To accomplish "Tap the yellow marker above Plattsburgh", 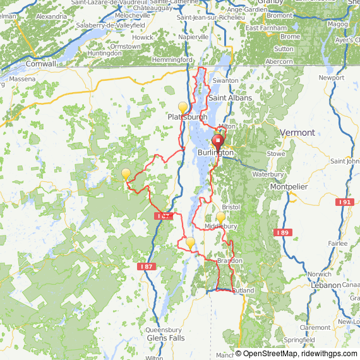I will pyautogui.click(x=183, y=107).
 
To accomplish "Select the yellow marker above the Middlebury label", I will pyautogui.click(x=220, y=217).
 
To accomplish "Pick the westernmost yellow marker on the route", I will pyautogui.click(x=126, y=173).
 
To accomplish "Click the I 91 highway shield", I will pyautogui.click(x=345, y=202).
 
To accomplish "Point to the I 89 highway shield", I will pyautogui.click(x=282, y=233).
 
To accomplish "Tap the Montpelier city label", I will pyautogui.click(x=289, y=187).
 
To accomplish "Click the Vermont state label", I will pyautogui.click(x=297, y=133).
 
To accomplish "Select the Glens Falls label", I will pyautogui.click(x=165, y=338).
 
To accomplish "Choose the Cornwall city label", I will pyautogui.click(x=41, y=64).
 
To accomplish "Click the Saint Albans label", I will pyautogui.click(x=231, y=98).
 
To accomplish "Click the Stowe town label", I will pyautogui.click(x=275, y=153).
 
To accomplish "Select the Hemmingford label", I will pyautogui.click(x=172, y=60).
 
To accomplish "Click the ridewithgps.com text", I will pyautogui.click(x=329, y=354).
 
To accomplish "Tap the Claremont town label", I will pyautogui.click(x=315, y=328).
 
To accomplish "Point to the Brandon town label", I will pyautogui.click(x=229, y=261).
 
